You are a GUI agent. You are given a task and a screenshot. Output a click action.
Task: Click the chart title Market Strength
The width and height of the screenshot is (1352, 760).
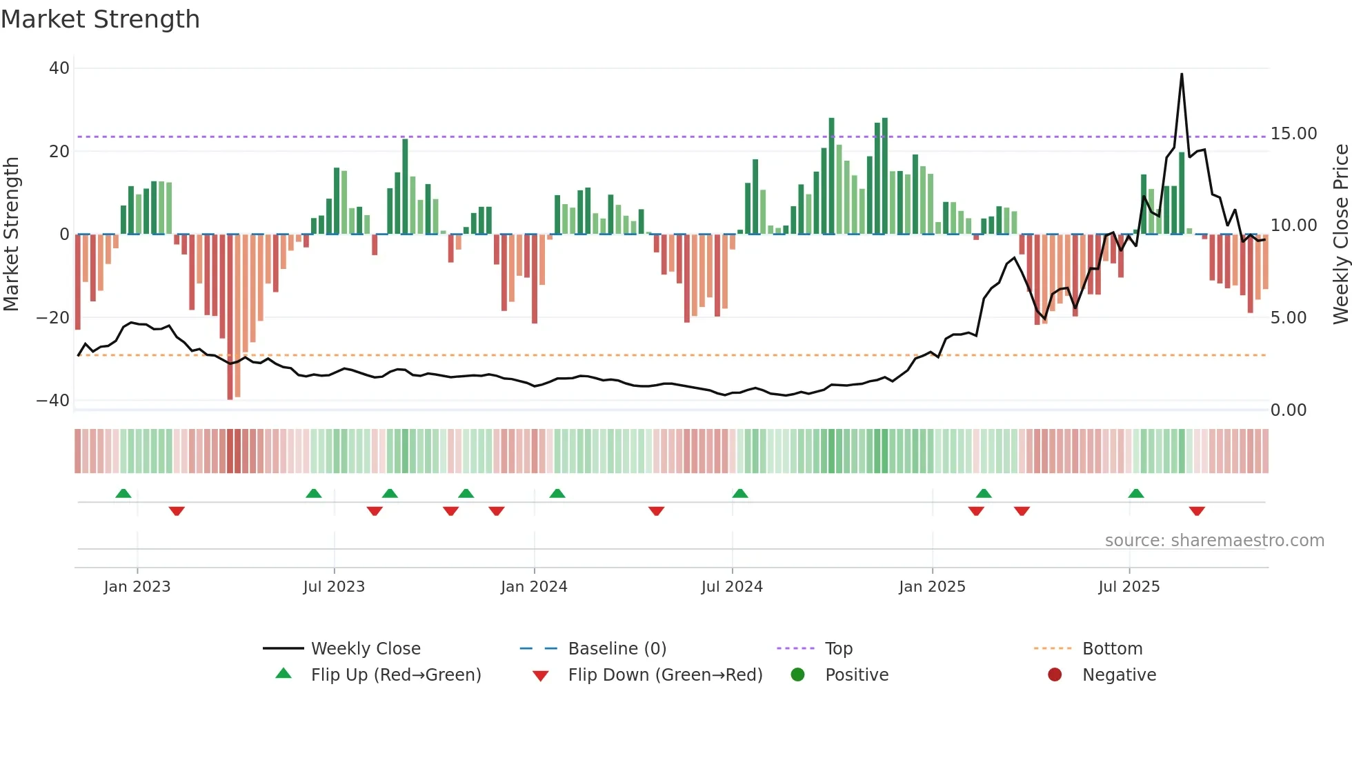100,19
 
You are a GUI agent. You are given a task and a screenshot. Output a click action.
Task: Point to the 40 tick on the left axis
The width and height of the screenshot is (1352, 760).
59,68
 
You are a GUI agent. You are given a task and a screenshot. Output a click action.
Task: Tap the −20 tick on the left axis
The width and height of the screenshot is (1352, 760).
53,318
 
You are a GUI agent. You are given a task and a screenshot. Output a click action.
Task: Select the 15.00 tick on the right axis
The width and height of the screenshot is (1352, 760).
1293,134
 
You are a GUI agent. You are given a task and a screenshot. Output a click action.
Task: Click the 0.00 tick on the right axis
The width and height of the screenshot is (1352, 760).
1288,410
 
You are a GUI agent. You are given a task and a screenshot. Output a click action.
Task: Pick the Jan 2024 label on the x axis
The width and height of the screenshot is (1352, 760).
534,587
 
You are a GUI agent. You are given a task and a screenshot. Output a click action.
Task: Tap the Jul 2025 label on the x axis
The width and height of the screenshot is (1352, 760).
1129,587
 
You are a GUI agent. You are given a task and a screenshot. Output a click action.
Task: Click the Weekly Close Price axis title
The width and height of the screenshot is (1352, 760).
1340,234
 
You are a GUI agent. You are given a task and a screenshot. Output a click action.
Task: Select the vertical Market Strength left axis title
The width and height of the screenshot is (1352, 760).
11,234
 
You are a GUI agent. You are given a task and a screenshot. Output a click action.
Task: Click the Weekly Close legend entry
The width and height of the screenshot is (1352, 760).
365,649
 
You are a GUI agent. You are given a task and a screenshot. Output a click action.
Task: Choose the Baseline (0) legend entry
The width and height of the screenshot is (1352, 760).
617,649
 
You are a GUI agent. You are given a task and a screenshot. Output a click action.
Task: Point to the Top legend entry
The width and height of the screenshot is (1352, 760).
838,649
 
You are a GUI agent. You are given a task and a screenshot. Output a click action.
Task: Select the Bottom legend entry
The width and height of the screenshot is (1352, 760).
1112,649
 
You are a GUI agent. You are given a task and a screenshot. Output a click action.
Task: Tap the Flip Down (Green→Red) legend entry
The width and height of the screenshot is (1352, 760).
665,675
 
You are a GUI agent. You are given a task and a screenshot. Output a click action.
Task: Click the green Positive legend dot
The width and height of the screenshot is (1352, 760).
797,675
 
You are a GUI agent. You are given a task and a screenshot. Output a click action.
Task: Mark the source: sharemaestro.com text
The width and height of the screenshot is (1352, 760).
1214,541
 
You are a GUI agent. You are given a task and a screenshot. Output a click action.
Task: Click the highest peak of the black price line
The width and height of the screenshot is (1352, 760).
1182,74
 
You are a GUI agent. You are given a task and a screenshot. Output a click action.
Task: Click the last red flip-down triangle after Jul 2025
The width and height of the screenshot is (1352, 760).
1197,511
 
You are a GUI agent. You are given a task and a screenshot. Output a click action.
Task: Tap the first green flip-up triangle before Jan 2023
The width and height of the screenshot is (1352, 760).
123,493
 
